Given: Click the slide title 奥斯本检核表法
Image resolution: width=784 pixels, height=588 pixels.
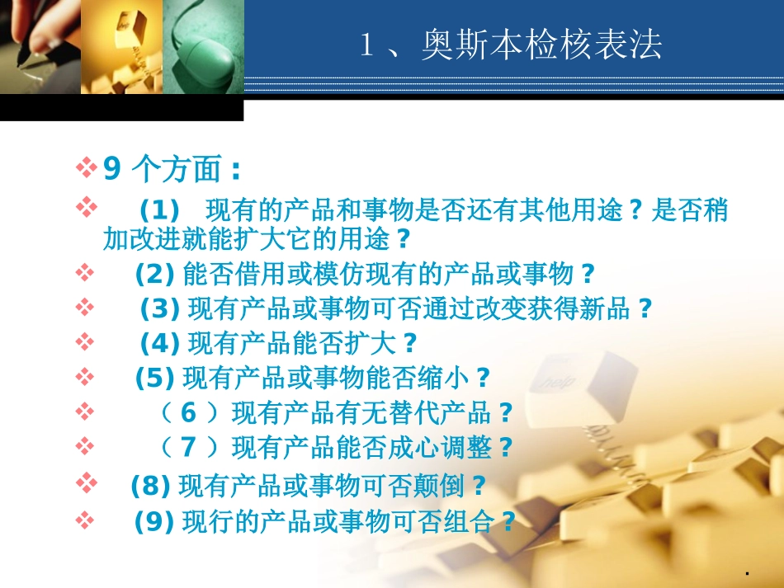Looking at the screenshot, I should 541,45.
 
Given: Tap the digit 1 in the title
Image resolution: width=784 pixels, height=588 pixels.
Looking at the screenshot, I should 368,46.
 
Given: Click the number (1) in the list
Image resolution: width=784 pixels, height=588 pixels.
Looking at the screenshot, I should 159,210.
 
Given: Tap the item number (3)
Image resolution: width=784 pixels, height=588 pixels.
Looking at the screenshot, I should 160,308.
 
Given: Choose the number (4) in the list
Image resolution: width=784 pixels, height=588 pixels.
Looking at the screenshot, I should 160,341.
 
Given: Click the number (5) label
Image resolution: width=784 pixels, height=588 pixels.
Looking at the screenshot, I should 154,378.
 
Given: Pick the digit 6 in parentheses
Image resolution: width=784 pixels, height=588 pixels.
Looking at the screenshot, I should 189,411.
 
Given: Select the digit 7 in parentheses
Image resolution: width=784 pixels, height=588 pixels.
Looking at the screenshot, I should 189,447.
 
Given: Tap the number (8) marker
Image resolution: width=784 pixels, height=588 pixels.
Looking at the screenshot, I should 151,485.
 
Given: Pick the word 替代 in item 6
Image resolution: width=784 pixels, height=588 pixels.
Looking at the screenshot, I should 400,411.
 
